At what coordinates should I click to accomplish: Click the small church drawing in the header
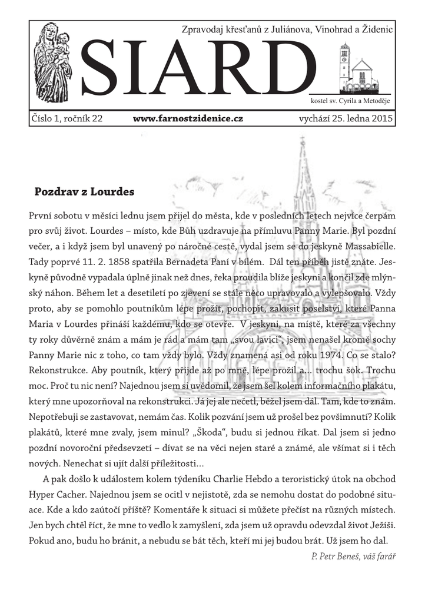357,67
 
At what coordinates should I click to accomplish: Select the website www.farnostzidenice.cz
188,118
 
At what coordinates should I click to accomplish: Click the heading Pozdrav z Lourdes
84,191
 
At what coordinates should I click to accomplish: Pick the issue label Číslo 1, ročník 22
67,118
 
